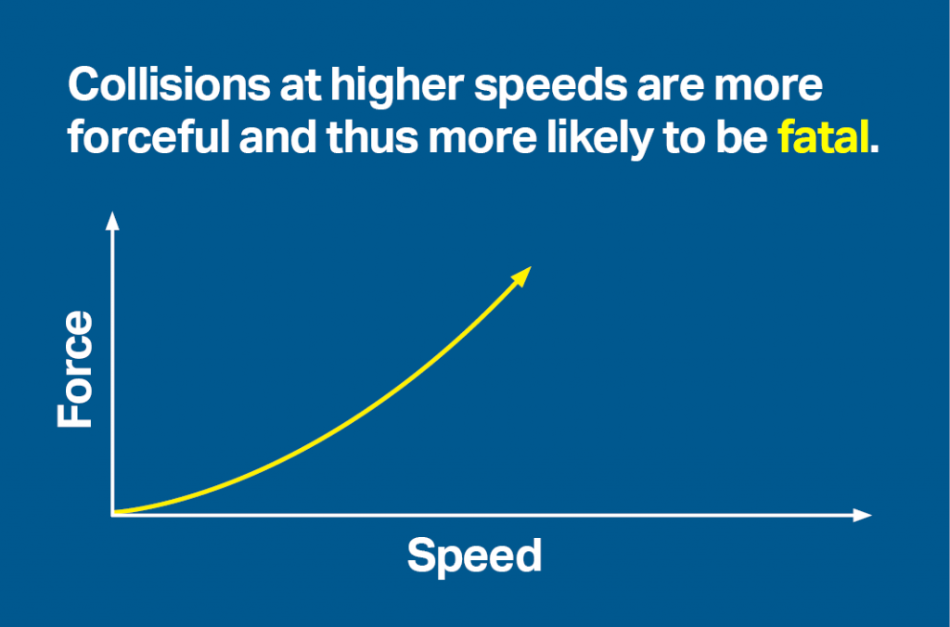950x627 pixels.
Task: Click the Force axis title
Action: [x=75, y=369]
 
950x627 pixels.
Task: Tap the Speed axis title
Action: [x=474, y=556]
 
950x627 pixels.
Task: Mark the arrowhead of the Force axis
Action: [x=112, y=220]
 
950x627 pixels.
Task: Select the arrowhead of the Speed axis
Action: [x=864, y=514]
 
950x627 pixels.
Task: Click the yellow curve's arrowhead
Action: [x=522, y=275]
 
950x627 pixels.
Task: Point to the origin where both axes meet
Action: [x=113, y=513]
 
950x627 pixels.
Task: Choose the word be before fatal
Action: [x=747, y=138]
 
